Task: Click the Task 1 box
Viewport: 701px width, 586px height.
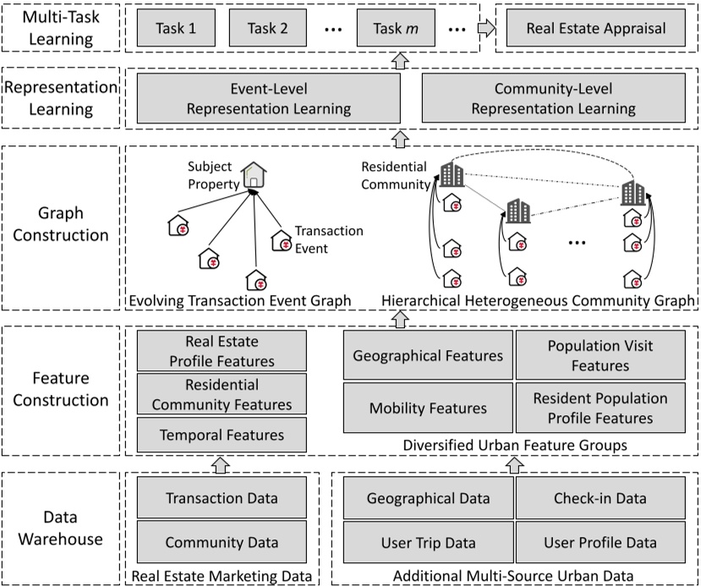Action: click(x=176, y=28)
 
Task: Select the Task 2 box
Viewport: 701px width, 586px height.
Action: click(x=268, y=28)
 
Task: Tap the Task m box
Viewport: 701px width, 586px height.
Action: click(x=396, y=28)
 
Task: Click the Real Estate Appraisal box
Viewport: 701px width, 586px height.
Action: click(x=596, y=28)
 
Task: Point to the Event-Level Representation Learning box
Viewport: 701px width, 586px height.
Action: click(x=269, y=98)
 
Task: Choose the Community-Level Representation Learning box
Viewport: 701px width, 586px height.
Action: click(x=554, y=98)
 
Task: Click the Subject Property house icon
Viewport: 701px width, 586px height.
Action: click(x=254, y=175)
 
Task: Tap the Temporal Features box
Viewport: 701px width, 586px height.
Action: click(x=222, y=435)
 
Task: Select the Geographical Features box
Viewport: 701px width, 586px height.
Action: click(x=428, y=355)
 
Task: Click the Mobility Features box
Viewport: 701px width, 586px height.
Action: click(x=428, y=408)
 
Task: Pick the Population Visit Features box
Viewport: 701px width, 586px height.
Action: click(x=600, y=355)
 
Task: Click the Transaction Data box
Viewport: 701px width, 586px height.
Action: click(x=222, y=497)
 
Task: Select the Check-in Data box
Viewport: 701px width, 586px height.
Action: click(x=600, y=497)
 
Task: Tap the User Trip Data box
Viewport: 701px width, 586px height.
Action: click(x=428, y=542)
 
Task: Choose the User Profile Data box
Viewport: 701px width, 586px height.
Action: click(x=600, y=542)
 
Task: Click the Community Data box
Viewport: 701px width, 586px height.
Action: click(x=222, y=542)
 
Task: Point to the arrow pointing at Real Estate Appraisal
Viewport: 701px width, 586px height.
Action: click(x=486, y=28)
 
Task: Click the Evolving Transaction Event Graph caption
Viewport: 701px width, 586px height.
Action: click(x=240, y=300)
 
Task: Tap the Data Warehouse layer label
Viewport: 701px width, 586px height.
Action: click(x=60, y=528)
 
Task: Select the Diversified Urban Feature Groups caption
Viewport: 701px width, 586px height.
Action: click(x=515, y=445)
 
